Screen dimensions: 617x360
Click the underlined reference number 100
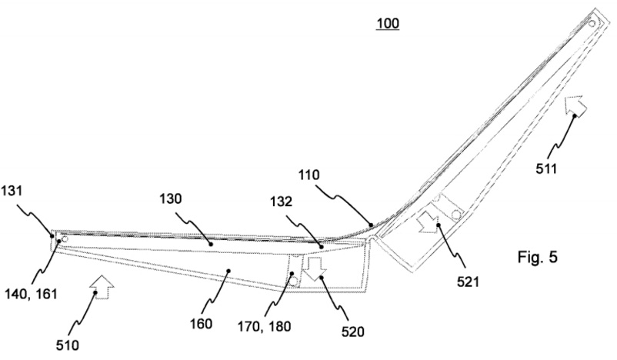coord(388,24)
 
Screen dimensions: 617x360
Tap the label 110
coord(309,175)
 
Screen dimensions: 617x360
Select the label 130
coord(171,199)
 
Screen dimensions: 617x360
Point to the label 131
coord(12,192)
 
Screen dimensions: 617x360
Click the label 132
coord(282,202)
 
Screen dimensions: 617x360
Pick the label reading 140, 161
coord(31,294)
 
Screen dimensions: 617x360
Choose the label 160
coord(201,324)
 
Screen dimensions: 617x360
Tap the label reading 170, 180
coord(265,326)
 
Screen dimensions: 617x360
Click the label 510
coord(67,345)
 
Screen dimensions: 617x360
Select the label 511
coord(546,168)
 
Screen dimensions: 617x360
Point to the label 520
coord(352,332)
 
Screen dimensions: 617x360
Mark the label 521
coord(468,282)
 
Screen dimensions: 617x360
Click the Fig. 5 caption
coord(538,258)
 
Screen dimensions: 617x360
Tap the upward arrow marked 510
coord(102,286)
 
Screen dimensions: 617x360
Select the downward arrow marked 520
coord(315,268)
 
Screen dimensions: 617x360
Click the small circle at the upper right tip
coord(592,23)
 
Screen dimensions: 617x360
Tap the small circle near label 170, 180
coord(294,281)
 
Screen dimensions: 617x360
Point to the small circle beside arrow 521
coord(456,215)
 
